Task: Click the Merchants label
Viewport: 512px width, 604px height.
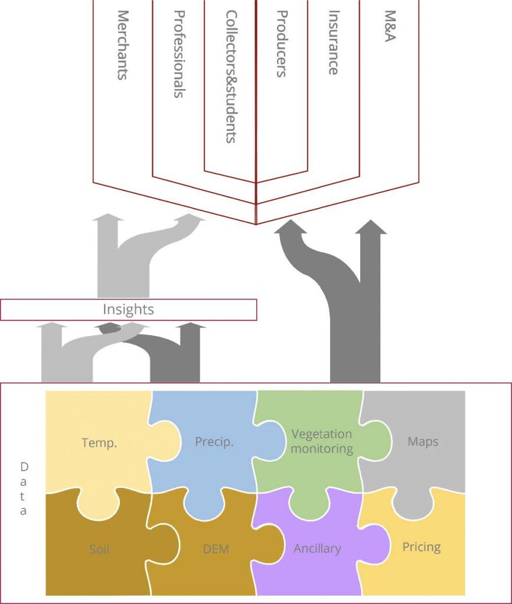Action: click(x=123, y=45)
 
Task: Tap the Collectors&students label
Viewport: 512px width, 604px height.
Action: click(x=230, y=77)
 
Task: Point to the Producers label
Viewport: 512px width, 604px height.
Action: click(x=282, y=44)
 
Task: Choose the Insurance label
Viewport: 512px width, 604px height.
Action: click(x=333, y=42)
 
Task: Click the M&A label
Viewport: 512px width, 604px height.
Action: click(x=390, y=26)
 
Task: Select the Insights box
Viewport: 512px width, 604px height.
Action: click(x=128, y=310)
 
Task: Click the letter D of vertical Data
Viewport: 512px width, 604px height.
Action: click(x=24, y=467)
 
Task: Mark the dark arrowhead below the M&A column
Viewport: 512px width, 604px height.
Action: click(x=370, y=227)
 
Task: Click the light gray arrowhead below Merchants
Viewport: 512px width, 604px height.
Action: click(x=107, y=217)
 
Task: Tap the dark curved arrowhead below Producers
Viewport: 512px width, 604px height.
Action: click(x=291, y=227)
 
